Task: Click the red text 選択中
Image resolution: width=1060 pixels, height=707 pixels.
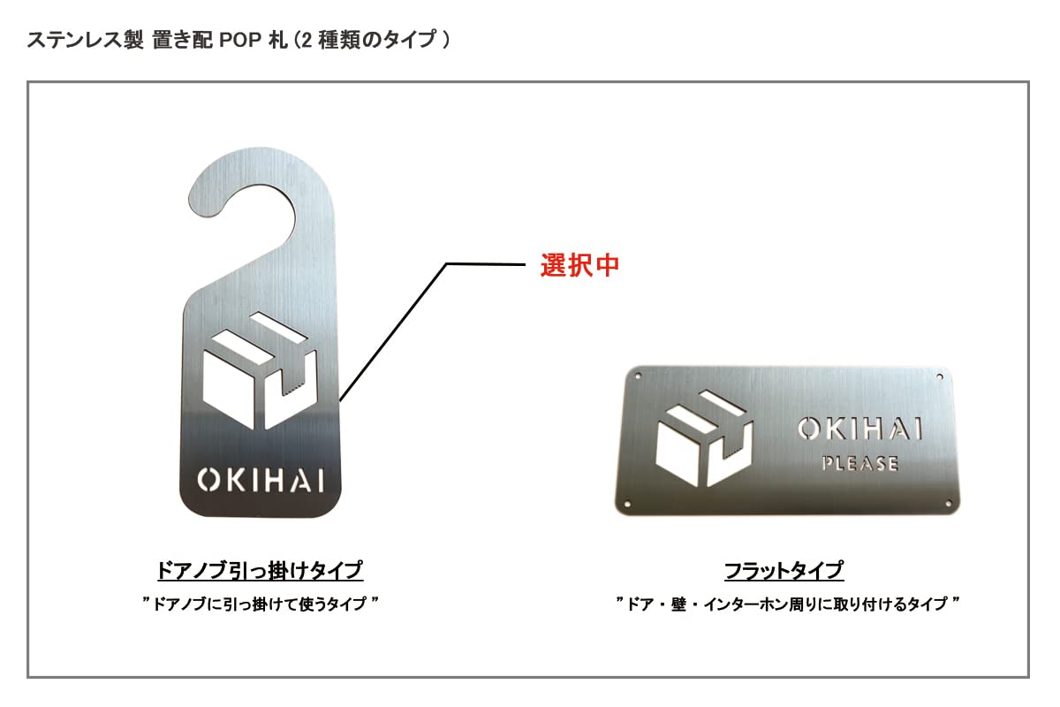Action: click(x=579, y=265)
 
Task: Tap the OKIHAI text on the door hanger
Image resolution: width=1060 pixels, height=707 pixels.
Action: click(x=261, y=480)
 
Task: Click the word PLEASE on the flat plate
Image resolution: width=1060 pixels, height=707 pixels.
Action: click(x=859, y=463)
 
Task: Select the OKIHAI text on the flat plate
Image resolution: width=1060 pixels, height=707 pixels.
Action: click(x=859, y=430)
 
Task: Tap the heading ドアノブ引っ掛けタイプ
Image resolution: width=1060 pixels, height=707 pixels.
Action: click(x=260, y=570)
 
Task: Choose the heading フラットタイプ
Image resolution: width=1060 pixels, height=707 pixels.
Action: click(x=784, y=570)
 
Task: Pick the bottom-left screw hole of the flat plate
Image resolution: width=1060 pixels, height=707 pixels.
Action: click(x=628, y=504)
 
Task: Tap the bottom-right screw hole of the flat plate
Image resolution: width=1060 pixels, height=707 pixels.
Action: click(x=949, y=505)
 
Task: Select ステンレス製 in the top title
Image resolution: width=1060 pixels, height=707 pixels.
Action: click(x=80, y=41)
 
